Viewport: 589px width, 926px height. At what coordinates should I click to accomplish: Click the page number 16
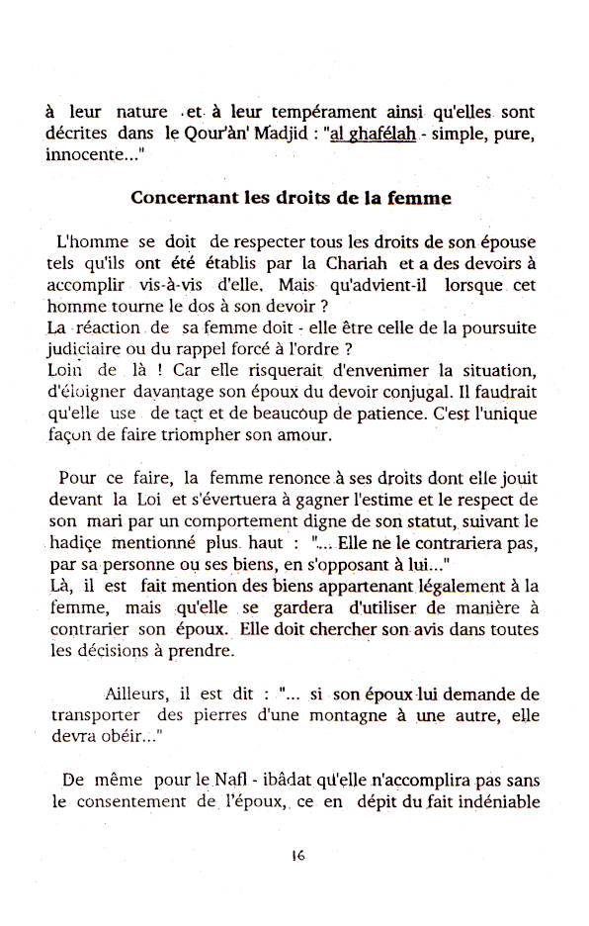(x=297, y=857)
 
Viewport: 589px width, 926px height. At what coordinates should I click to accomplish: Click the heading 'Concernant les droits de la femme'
(x=292, y=197)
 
